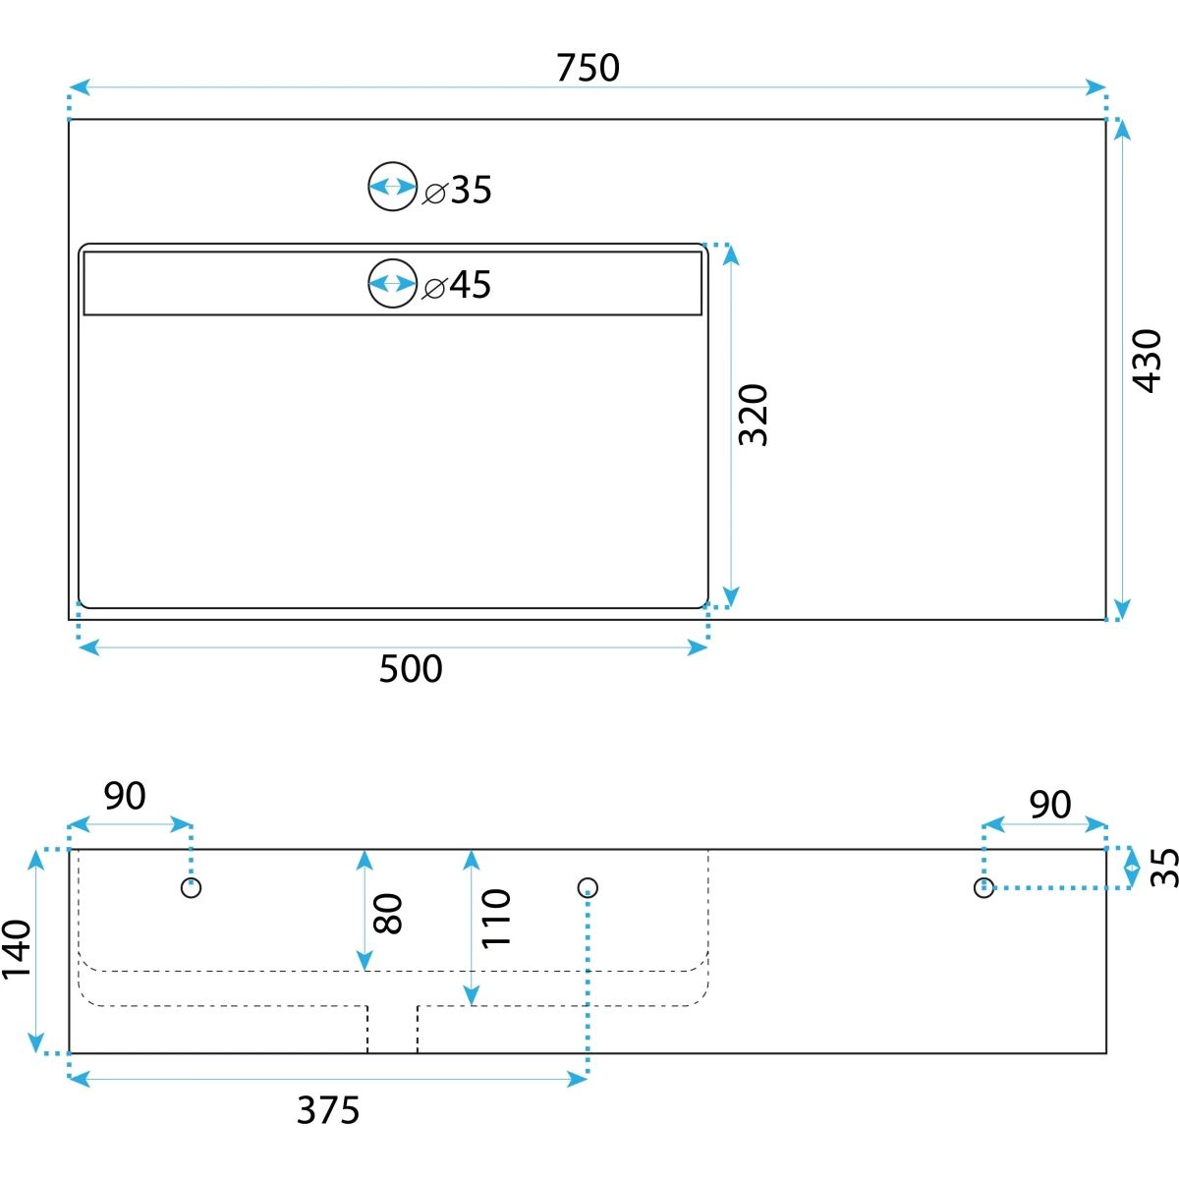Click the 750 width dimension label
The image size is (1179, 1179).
pyautogui.click(x=588, y=68)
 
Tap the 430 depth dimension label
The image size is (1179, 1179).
pyautogui.click(x=1146, y=361)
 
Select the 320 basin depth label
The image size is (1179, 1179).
pyautogui.click(x=753, y=415)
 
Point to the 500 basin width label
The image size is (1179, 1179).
pyautogui.click(x=411, y=669)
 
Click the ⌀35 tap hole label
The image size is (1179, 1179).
pyautogui.click(x=457, y=190)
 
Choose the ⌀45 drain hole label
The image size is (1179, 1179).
pyautogui.click(x=457, y=285)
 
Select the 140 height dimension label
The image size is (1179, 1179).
pyautogui.click(x=17, y=949)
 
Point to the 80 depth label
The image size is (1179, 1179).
pyautogui.click(x=387, y=914)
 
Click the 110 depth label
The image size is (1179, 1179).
pyautogui.click(x=495, y=919)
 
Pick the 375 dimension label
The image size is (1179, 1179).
pyautogui.click(x=328, y=1109)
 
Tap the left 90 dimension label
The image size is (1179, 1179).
pyautogui.click(x=125, y=796)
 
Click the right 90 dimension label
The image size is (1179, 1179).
pyautogui.click(x=1050, y=805)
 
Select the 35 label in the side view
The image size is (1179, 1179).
pyautogui.click(x=1163, y=868)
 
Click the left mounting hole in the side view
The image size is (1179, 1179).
pyautogui.click(x=192, y=888)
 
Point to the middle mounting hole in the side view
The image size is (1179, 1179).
pyautogui.click(x=588, y=888)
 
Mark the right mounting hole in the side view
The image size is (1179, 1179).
pyautogui.click(x=983, y=888)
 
